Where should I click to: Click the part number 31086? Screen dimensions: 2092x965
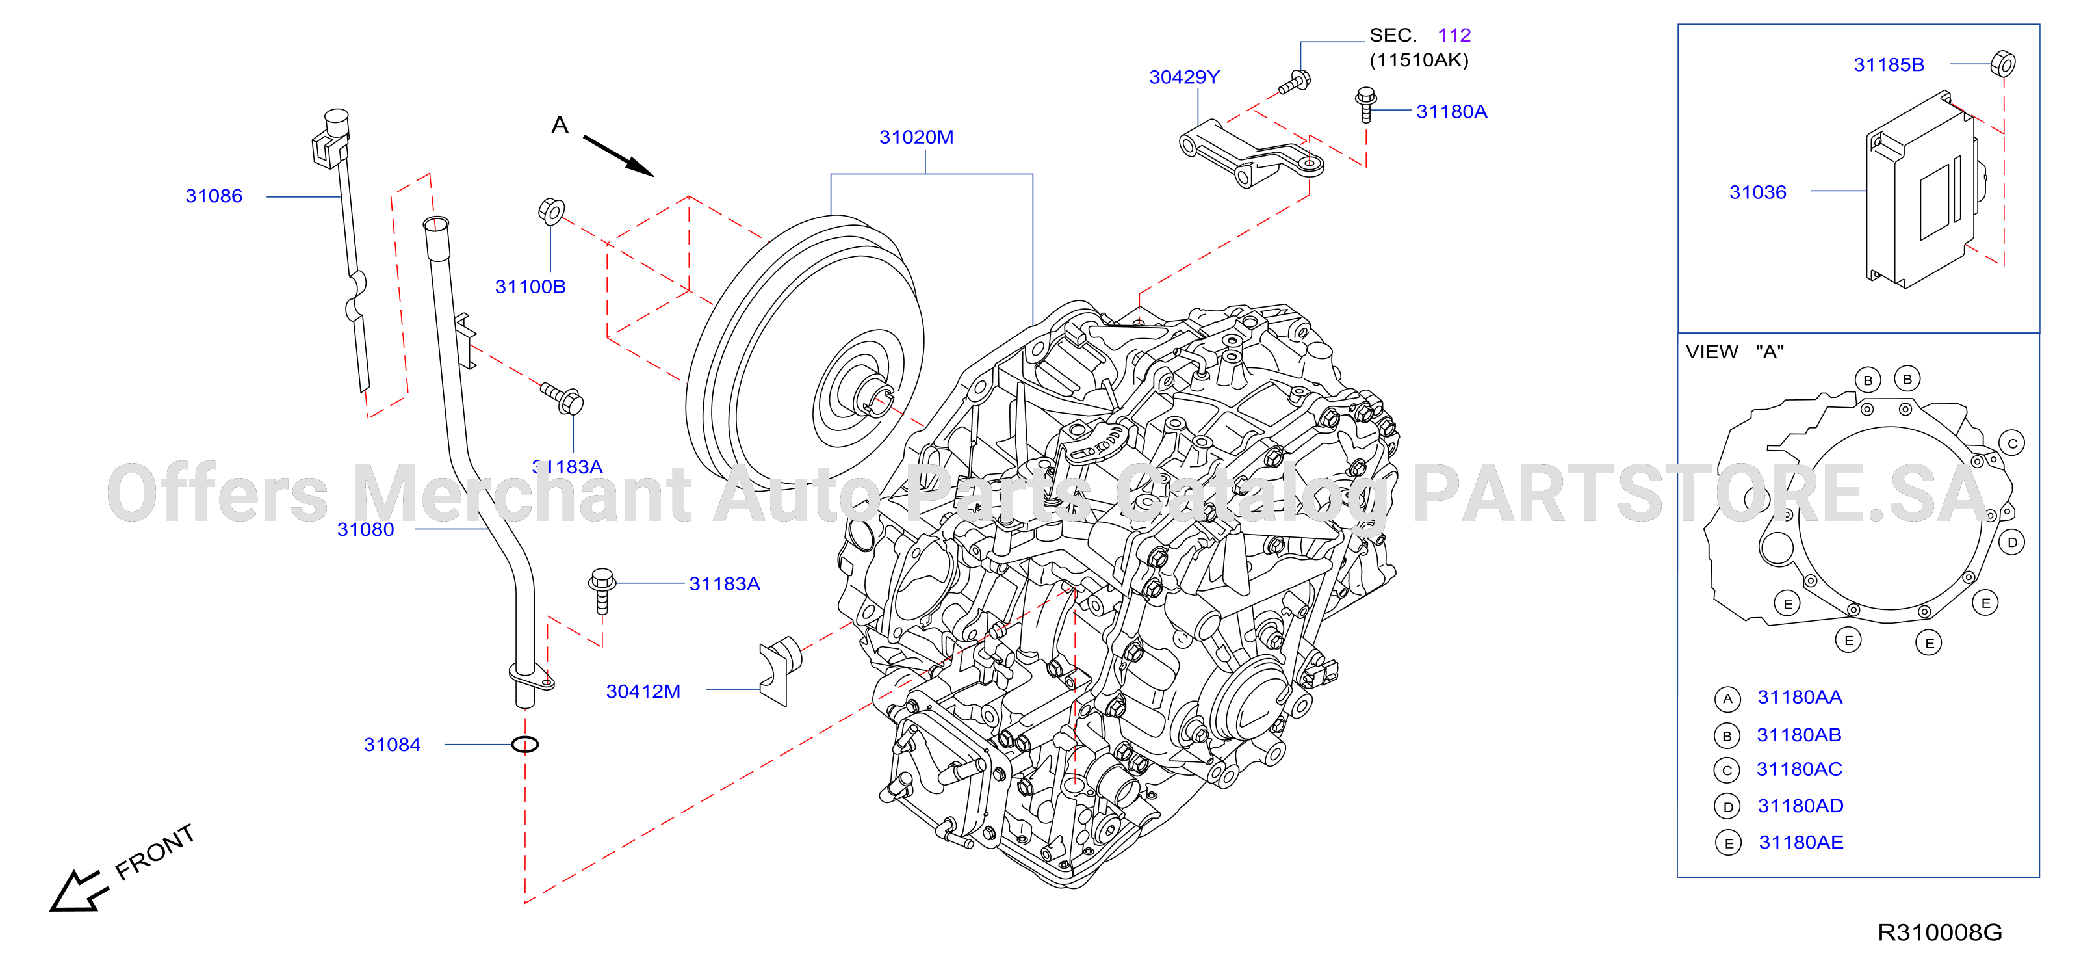coord(214,196)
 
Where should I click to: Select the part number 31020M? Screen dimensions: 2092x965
coord(916,137)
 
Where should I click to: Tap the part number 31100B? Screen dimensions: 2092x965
coord(530,287)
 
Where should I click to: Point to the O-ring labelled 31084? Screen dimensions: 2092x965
coord(524,744)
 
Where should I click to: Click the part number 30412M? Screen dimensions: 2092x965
coord(643,691)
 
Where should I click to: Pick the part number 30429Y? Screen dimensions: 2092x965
coord(1184,77)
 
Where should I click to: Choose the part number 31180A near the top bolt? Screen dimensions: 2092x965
coord(1451,112)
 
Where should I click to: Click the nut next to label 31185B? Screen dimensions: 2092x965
coord(2003,63)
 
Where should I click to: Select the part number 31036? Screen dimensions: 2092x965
coord(1757,192)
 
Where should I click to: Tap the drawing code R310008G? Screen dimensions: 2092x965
coord(1939,932)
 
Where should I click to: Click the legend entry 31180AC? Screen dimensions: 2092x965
coord(1799,769)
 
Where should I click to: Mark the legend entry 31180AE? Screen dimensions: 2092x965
coord(1800,842)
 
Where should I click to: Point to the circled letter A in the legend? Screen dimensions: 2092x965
coord(1727,698)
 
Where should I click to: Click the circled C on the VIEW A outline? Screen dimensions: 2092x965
coord(2013,443)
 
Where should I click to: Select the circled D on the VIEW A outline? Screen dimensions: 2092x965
coord(2013,542)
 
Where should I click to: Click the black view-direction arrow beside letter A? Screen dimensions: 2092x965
coord(618,156)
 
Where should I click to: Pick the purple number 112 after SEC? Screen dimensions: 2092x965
coord(1454,36)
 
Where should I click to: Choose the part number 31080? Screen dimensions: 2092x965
coord(365,529)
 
